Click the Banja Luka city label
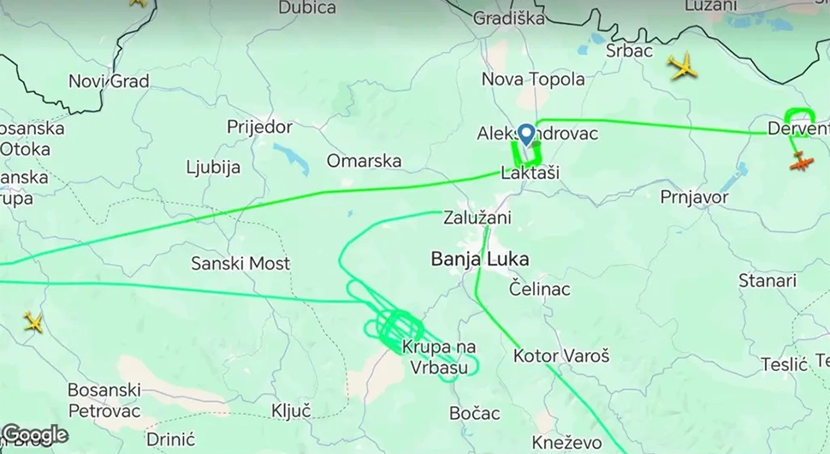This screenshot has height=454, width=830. tap(480, 259)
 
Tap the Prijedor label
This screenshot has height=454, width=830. tap(259, 128)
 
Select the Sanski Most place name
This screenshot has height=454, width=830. tap(240, 264)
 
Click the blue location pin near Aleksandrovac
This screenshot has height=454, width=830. tap(526, 134)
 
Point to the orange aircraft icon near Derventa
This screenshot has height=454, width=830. tap(801, 161)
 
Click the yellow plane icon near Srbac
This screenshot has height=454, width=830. tap(683, 66)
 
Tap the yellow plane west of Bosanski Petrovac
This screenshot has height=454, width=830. tap(33, 322)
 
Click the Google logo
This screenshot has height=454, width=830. tap(35, 435)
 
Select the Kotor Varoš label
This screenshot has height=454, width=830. tap(561, 355)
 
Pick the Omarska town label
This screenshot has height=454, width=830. tap(364, 161)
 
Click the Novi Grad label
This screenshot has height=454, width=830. tap(109, 81)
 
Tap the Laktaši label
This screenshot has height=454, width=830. tap(530, 173)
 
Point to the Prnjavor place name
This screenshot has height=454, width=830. tap(694, 198)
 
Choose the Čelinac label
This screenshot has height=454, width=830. tap(539, 289)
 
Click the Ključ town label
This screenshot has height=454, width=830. tap(291, 410)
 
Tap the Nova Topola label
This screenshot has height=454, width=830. tap(533, 80)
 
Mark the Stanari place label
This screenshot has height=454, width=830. tap(768, 281)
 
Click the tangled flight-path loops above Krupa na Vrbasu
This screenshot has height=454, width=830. tap(395, 326)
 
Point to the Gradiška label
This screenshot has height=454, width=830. tap(508, 18)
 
